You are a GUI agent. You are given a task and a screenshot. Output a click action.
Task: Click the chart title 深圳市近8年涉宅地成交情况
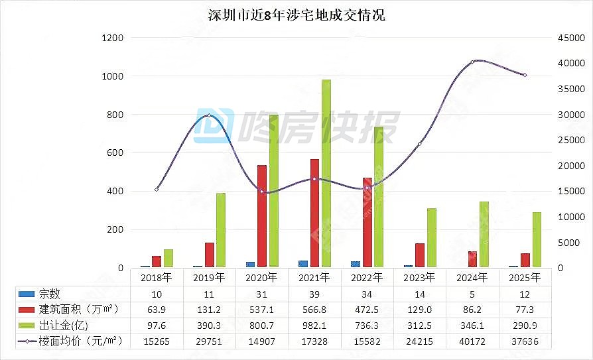tap(296, 15)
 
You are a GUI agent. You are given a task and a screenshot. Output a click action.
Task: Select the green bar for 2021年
tap(326, 174)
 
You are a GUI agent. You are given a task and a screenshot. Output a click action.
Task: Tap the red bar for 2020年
tap(262, 216)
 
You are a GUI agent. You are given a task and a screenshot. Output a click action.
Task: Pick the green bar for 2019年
tap(221, 230)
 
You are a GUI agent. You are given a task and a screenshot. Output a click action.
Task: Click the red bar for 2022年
tap(367, 223)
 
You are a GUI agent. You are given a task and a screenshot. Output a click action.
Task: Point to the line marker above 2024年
tap(472, 62)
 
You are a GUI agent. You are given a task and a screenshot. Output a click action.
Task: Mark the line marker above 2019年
tap(209, 115)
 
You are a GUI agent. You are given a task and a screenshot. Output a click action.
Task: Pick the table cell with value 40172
tap(472, 341)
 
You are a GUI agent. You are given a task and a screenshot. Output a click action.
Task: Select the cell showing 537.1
tap(262, 309)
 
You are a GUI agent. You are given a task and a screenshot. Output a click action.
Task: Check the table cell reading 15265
tap(157, 341)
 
